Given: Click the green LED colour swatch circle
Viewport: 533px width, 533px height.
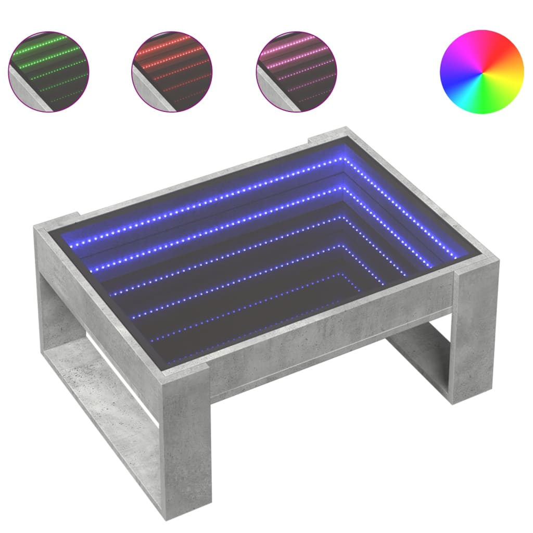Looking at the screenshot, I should point(48,71).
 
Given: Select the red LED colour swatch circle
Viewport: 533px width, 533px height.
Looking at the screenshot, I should point(172,71).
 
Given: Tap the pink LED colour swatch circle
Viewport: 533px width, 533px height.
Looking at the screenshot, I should point(296,71).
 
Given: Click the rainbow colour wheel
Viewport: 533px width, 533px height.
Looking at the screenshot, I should point(481,72).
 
